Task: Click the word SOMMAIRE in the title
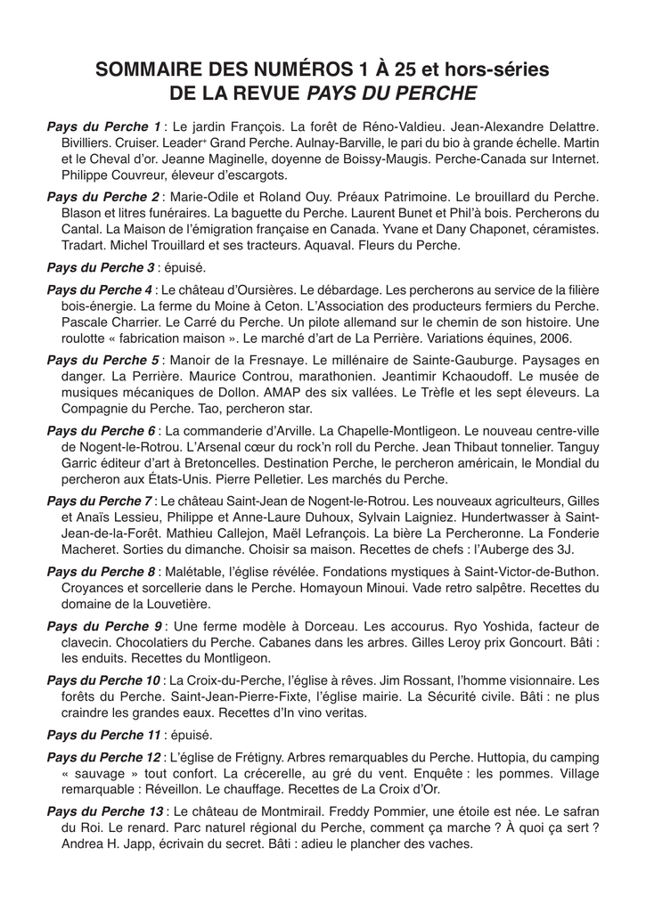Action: click(144, 69)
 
